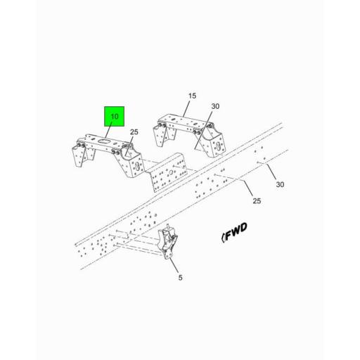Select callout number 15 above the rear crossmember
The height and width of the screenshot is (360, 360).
[192, 96]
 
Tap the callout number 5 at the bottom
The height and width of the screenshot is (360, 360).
[181, 278]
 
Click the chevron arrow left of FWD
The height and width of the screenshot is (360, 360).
[224, 236]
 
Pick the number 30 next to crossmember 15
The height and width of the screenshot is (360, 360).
[216, 107]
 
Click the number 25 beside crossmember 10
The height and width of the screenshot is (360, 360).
[134, 132]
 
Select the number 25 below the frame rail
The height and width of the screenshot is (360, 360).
[257, 201]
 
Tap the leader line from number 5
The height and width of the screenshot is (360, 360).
[176, 266]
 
